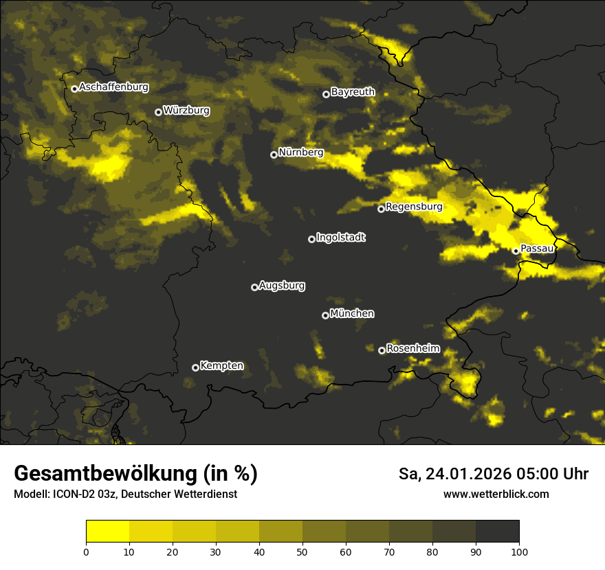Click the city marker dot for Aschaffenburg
[x=74, y=89]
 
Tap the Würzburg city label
[x=186, y=111]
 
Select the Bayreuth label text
[x=353, y=92]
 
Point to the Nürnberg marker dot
[x=274, y=155]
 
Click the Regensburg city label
[x=414, y=207]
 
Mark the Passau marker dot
[x=516, y=251]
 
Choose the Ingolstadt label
[x=341, y=238]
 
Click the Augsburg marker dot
[x=254, y=287]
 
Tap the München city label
[x=352, y=314]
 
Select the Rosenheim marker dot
[x=382, y=350]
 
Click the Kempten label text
[x=221, y=366]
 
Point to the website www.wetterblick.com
[x=496, y=494]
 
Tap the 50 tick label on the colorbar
[x=302, y=551]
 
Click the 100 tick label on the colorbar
[x=519, y=551]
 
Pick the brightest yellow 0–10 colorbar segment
[x=108, y=532]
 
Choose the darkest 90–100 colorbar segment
[x=497, y=532]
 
